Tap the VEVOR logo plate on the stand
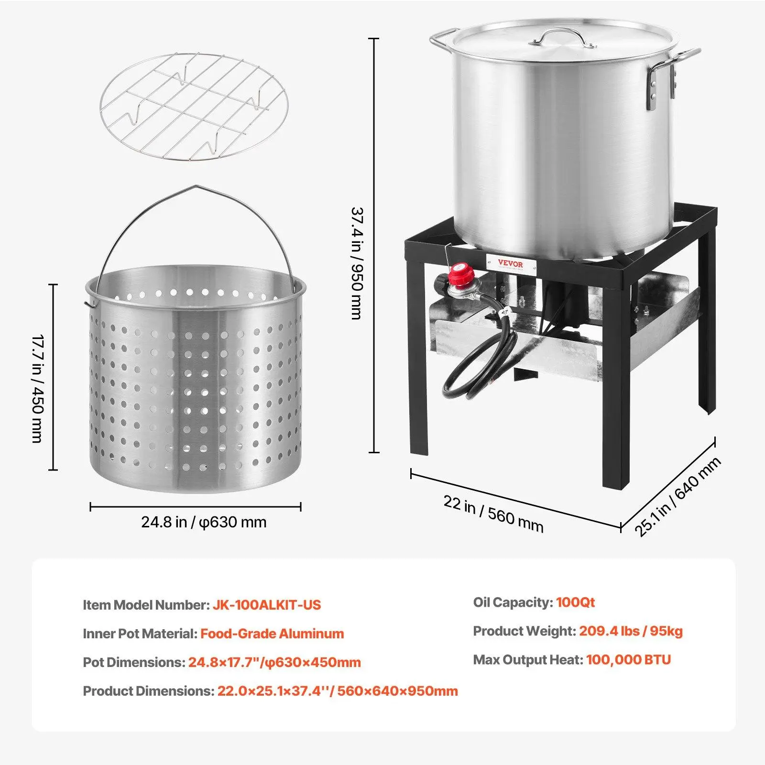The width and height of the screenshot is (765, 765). (x=511, y=264)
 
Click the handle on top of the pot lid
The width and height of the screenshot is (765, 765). (x=562, y=37)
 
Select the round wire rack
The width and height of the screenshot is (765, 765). (x=194, y=107)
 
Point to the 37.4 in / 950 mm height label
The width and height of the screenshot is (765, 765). (x=357, y=263)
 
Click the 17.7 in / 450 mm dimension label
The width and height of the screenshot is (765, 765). (x=38, y=389)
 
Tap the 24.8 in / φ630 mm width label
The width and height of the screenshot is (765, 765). (x=204, y=522)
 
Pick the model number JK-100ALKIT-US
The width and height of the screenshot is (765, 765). (x=267, y=605)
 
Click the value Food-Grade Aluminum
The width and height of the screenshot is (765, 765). (x=272, y=634)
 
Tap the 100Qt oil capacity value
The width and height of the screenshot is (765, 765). (x=575, y=602)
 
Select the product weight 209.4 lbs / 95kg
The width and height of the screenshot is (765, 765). (x=631, y=631)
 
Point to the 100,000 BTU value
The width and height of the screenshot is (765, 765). (x=628, y=660)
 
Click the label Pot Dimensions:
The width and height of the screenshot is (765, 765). (x=134, y=662)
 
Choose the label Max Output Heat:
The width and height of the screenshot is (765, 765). (x=528, y=660)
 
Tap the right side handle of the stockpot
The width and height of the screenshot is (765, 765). (x=672, y=72)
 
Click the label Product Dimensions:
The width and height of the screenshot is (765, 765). (x=148, y=691)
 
